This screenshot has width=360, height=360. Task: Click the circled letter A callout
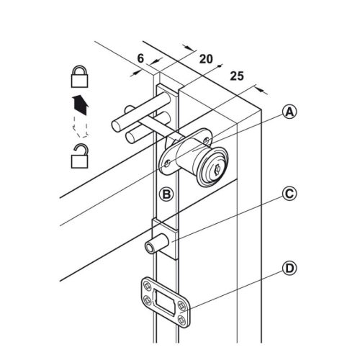(289, 112)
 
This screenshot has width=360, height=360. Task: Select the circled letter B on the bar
(166, 194)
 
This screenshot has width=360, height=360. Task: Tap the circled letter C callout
(289, 193)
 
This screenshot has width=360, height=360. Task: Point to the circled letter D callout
(289, 269)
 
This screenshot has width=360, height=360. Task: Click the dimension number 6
(140, 58)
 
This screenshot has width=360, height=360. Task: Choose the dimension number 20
(206, 59)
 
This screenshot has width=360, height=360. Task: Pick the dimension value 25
(237, 76)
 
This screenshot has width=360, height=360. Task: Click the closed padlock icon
(80, 76)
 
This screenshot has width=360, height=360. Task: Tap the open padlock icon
(80, 156)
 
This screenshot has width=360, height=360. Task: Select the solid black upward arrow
(81, 105)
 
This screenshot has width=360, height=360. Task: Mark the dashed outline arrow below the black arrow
(80, 127)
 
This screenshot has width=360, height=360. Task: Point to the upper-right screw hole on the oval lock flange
(206, 140)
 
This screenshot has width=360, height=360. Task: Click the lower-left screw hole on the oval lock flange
(168, 163)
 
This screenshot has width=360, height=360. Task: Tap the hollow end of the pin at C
(150, 248)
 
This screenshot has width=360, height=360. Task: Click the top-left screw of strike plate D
(146, 286)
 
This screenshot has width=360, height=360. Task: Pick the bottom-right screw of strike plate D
(181, 320)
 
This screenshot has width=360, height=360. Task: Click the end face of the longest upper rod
(117, 126)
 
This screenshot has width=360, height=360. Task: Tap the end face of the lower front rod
(130, 138)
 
